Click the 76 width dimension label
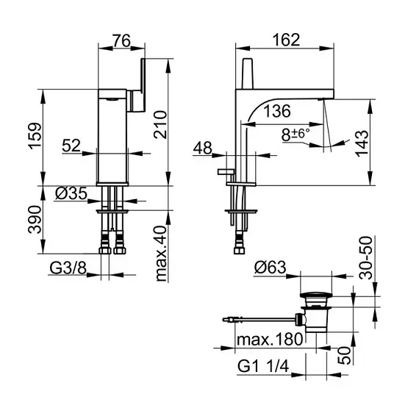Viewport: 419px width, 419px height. click(121, 40)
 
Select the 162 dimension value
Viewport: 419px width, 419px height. click(286, 40)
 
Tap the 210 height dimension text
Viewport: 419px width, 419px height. click(160, 125)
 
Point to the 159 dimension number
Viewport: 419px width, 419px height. click(35, 136)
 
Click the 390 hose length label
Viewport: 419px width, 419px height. click(35, 220)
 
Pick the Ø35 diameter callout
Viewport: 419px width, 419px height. click(71, 193)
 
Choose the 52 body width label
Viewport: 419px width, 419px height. click(71, 146)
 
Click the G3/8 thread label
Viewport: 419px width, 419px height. click(68, 268)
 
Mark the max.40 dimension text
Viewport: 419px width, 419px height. click(161, 254)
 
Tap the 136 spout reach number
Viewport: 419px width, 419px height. click(277, 111)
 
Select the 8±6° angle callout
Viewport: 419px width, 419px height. click(296, 135)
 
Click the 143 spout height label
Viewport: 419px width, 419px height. click(362, 143)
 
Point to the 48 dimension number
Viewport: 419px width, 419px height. click(203, 148)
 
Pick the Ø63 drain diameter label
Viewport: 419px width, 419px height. click(271, 268)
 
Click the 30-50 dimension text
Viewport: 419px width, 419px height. click(365, 258)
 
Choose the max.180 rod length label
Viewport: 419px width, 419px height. click(270, 340)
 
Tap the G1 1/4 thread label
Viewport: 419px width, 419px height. click(263, 366)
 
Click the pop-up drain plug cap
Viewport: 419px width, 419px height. click(316, 296)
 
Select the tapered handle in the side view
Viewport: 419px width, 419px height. click(247, 73)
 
